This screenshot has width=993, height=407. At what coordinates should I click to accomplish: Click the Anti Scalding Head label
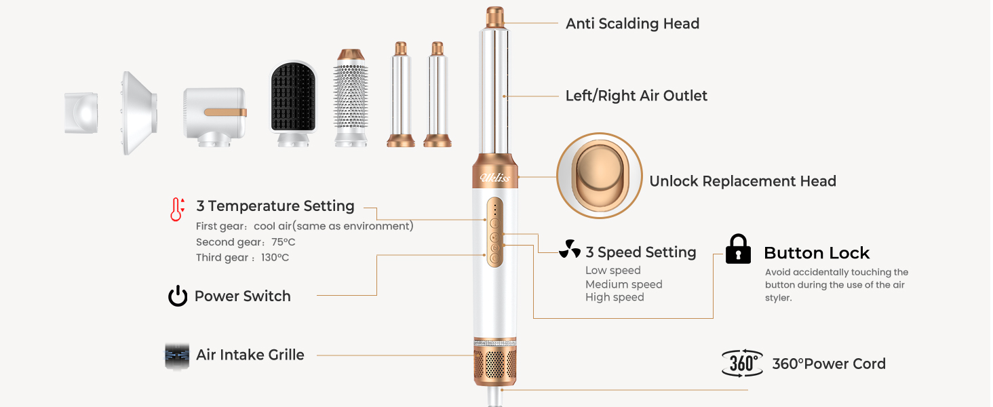[632, 24]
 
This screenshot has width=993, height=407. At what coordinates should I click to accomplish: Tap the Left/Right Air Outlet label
[636, 96]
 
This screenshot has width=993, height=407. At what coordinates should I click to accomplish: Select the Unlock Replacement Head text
[742, 181]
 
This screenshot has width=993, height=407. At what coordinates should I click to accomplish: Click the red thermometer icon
[177, 210]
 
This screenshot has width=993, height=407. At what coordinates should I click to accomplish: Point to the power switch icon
[178, 296]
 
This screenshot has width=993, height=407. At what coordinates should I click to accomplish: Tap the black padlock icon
[738, 250]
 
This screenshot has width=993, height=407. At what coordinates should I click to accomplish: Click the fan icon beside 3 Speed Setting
[570, 250]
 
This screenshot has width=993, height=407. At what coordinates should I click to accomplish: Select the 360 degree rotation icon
[742, 363]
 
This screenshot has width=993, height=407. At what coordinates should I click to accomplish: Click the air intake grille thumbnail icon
[177, 355]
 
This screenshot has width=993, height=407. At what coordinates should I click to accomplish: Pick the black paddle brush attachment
[292, 100]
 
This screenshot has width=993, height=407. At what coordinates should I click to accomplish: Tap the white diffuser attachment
[139, 112]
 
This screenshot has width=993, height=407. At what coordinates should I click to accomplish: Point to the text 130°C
[275, 258]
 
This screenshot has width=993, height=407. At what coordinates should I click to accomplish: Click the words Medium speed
[623, 285]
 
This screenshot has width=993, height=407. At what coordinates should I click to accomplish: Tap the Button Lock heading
[816, 253]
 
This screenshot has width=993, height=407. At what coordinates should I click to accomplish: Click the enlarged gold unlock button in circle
[599, 176]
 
